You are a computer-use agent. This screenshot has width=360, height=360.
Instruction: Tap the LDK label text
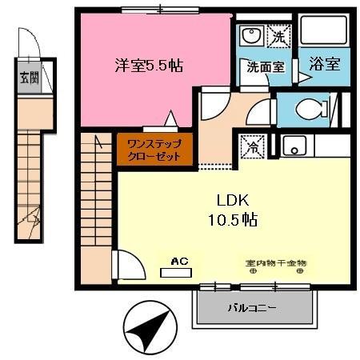pos(228,200)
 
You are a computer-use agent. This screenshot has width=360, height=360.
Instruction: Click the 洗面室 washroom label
pos(265,68)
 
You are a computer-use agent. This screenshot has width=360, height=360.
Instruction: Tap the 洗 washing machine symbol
pos(278,36)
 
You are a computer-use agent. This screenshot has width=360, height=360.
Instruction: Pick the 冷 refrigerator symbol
pos(250,148)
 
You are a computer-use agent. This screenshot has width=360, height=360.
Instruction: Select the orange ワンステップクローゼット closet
pos(155,150)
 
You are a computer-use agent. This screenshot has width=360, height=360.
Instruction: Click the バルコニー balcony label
pos(252,307)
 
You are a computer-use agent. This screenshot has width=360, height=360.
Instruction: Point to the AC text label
pos(178,260)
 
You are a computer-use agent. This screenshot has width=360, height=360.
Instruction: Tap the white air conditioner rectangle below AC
pos(177,272)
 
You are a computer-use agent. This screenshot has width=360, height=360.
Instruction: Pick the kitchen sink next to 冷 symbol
pos(294,147)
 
